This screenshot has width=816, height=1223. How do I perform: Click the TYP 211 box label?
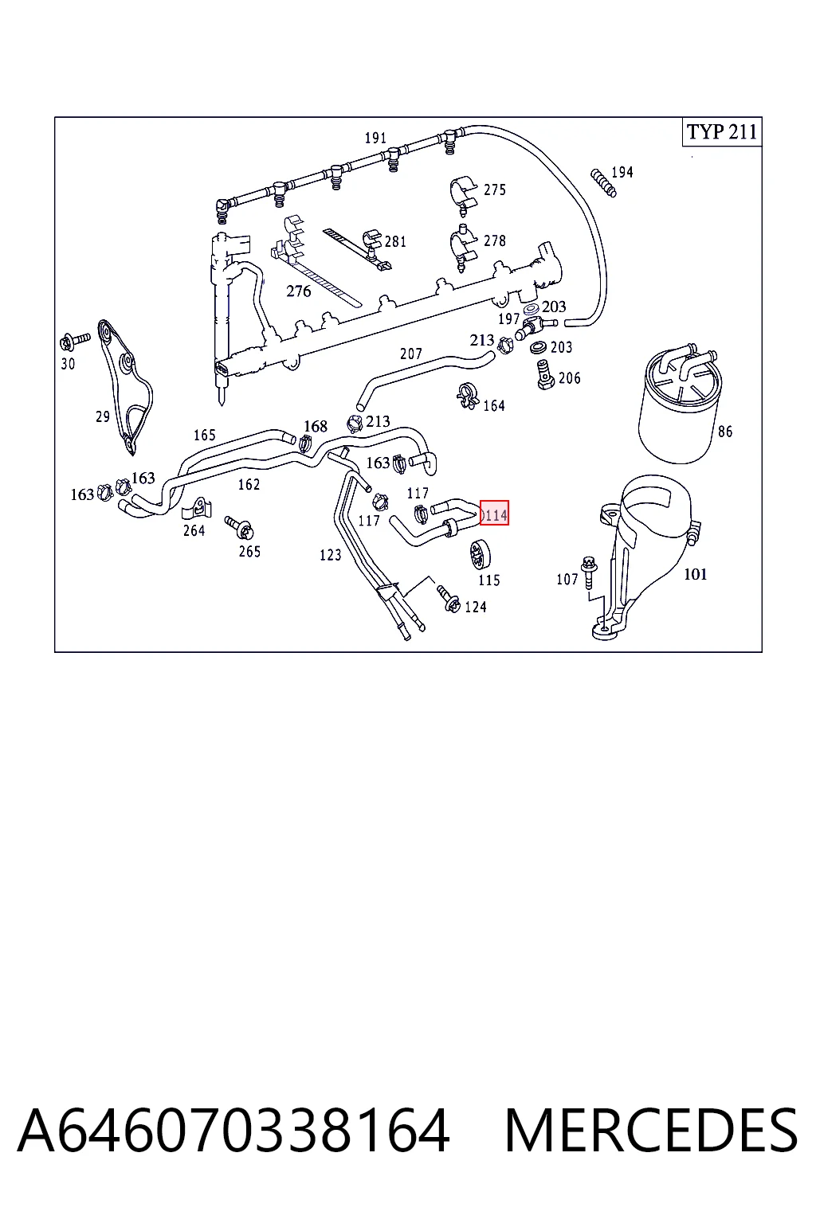pyautogui.click(x=722, y=132)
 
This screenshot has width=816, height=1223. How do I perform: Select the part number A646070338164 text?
pyautogui.click(x=233, y=1131)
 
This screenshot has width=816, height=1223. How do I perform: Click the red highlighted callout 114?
pyautogui.click(x=494, y=514)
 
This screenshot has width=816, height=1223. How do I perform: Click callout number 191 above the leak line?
pyautogui.click(x=376, y=138)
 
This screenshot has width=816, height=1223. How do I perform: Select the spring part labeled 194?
pyautogui.click(x=603, y=182)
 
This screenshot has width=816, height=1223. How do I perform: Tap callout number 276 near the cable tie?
pyautogui.click(x=298, y=291)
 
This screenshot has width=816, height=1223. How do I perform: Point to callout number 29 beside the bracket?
pyautogui.click(x=103, y=416)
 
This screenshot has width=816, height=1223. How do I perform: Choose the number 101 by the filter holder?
pyautogui.click(x=695, y=574)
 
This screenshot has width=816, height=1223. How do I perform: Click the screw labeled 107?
pyautogui.click(x=589, y=572)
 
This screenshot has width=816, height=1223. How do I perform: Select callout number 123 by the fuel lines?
pyautogui.click(x=330, y=555)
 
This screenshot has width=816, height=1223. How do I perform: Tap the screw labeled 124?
pyautogui.click(x=448, y=599)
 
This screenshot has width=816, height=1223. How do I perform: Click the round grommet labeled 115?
pyautogui.click(x=480, y=554)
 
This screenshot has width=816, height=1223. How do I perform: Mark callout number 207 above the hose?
pyautogui.click(x=411, y=354)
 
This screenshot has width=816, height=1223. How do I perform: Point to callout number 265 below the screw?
pyautogui.click(x=249, y=552)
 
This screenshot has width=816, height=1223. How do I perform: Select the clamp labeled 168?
pyautogui.click(x=305, y=443)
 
